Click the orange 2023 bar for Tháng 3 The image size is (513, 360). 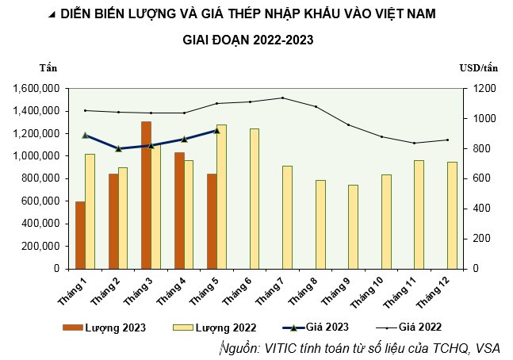(146, 194)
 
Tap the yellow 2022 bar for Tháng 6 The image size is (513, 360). (254, 198)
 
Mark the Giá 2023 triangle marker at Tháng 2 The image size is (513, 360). (118, 148)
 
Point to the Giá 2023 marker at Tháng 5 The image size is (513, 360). (216, 130)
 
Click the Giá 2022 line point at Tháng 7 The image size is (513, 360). (282, 98)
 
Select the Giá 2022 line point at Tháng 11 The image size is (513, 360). (413, 143)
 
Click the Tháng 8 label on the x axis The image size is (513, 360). (308, 291)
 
